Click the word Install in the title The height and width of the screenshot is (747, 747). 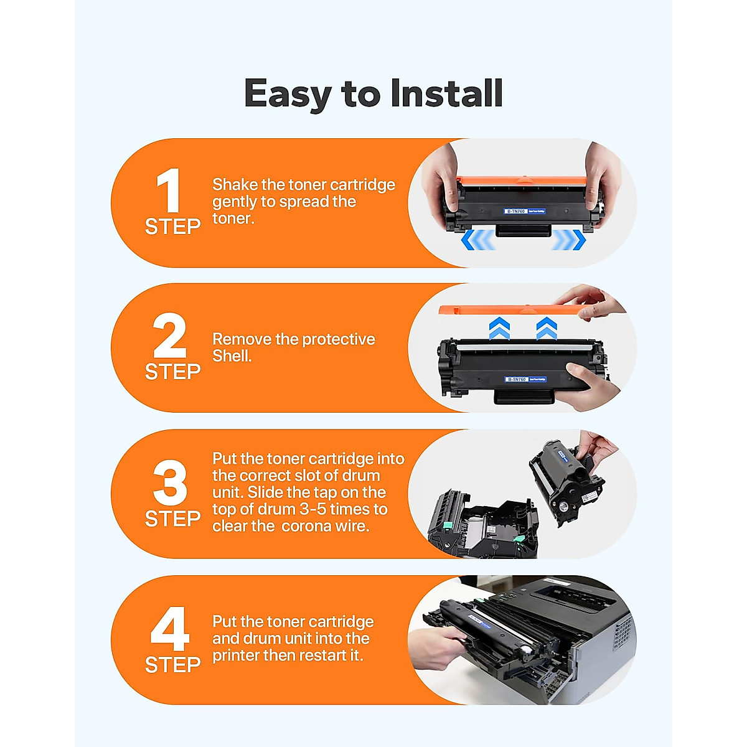[446, 93]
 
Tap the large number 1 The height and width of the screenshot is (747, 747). [168, 191]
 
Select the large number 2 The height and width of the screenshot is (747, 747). [169, 336]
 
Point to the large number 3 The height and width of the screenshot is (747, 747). [170, 483]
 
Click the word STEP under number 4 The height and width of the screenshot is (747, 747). [172, 665]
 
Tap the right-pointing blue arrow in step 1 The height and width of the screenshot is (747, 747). [569, 240]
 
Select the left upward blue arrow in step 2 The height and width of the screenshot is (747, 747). [499, 328]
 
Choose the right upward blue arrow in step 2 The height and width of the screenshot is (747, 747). [546, 328]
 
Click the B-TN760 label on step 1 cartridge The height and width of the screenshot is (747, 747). [516, 212]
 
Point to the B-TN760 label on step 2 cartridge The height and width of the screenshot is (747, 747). [516, 379]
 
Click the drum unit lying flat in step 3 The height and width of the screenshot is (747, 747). [479, 526]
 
